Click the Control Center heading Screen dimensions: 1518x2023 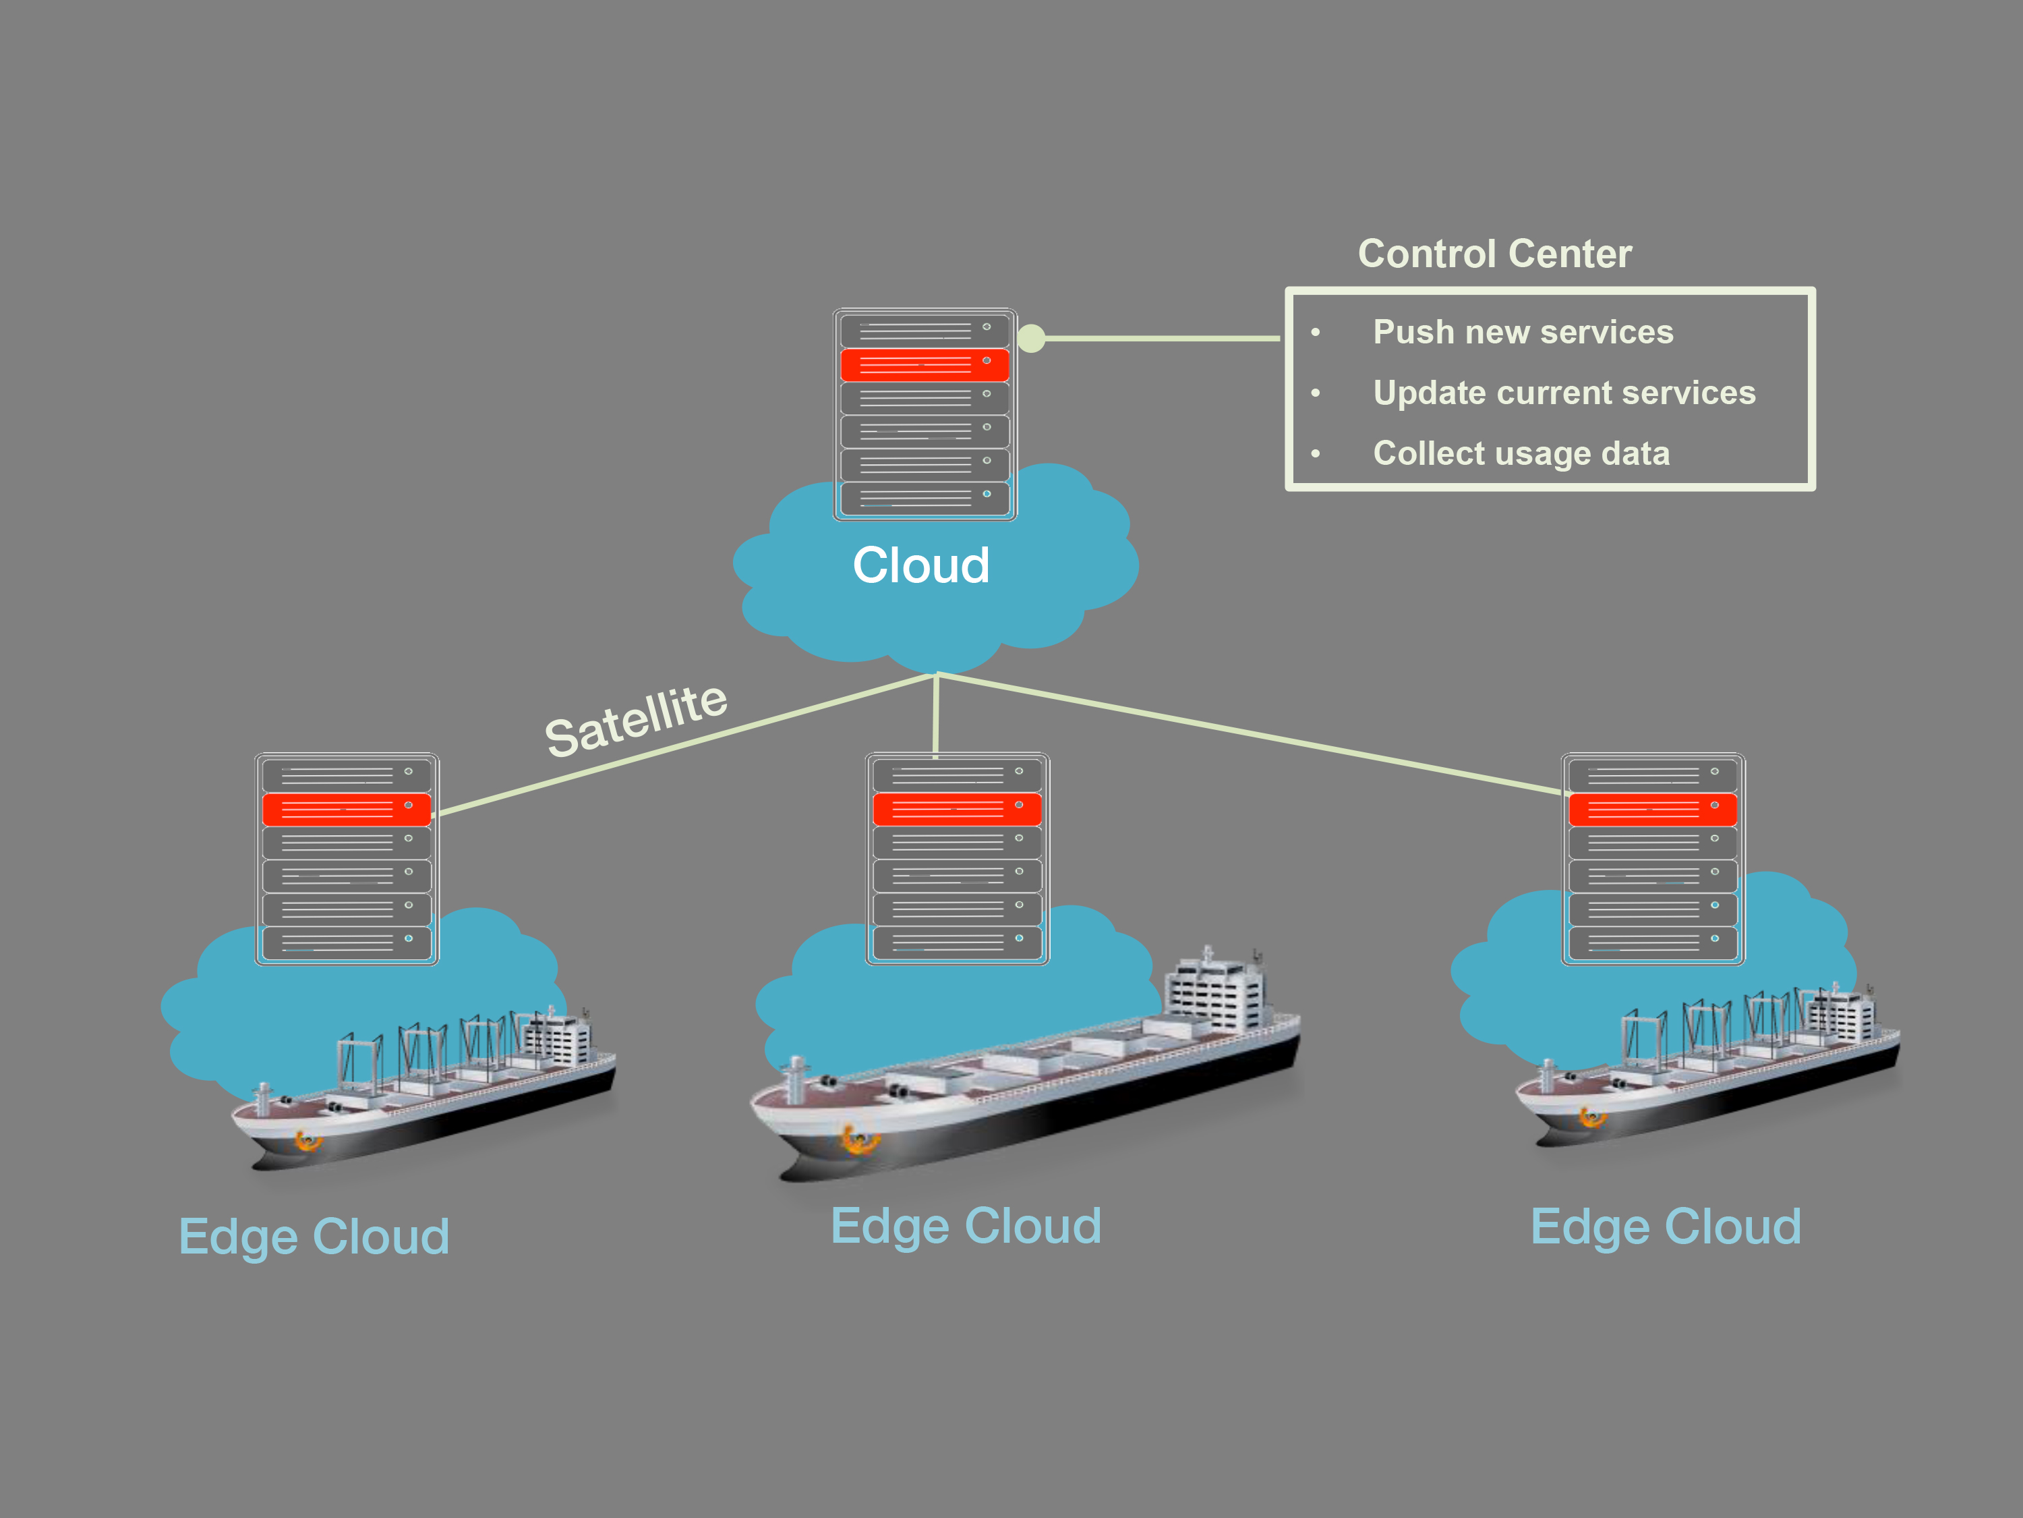pyautogui.click(x=1494, y=254)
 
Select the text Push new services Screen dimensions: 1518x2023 pyautogui.click(x=1523, y=332)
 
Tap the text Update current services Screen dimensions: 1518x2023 pyautogui.click(x=1564, y=393)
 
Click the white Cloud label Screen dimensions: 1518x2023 pyautogui.click(x=921, y=565)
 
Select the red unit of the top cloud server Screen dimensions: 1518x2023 pyautogui.click(x=924, y=364)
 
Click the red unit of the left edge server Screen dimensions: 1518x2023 pyautogui.click(x=346, y=810)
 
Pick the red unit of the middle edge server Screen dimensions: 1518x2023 pyautogui.click(x=957, y=810)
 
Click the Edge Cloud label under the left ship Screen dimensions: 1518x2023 pyautogui.click(x=314, y=1237)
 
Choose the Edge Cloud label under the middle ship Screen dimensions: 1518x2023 pyautogui.click(x=966, y=1226)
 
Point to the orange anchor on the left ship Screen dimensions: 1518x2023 pyautogui.click(x=306, y=1140)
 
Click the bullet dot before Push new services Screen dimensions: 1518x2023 pyautogui.click(x=1315, y=332)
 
